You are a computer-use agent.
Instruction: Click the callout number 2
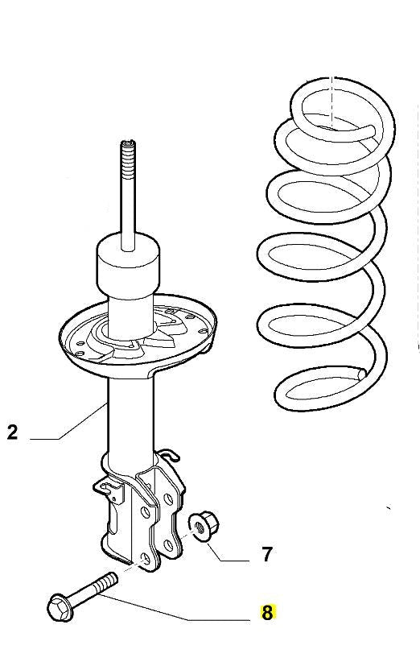point(13,432)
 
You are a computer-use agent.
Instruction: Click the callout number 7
point(266,555)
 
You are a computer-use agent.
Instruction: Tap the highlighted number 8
point(267,613)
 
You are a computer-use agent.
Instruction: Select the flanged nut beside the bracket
point(204,527)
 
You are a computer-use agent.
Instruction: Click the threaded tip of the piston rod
point(128,155)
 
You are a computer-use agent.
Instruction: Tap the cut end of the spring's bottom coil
point(361,374)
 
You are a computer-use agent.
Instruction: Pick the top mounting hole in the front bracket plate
point(145,512)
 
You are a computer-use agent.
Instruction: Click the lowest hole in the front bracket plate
point(146,559)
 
